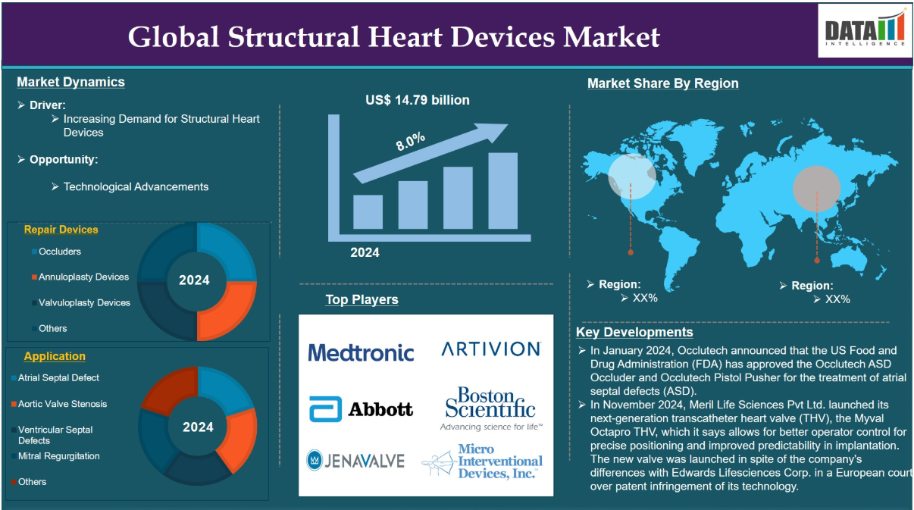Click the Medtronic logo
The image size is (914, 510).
[x=361, y=352]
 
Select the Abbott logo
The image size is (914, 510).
[x=361, y=408]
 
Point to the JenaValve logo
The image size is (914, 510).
[x=355, y=460]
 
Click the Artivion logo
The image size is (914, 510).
[x=491, y=349]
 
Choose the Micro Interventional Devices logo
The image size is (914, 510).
[x=482, y=462]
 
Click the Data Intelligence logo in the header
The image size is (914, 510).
[x=865, y=30]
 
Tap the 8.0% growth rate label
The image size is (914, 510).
[x=411, y=142]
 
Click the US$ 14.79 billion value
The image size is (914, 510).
[x=418, y=100]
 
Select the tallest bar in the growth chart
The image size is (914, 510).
[x=502, y=190]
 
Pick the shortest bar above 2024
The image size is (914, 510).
[x=368, y=211]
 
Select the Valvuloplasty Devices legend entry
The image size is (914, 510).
[x=81, y=302]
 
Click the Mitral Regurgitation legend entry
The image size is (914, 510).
[x=55, y=456]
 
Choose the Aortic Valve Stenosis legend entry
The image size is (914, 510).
[x=59, y=404]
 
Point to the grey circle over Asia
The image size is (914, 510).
[x=816, y=189]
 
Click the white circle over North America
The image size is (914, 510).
[x=632, y=177]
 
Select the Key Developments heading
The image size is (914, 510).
[x=634, y=332]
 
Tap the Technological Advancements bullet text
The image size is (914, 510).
[x=136, y=187]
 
